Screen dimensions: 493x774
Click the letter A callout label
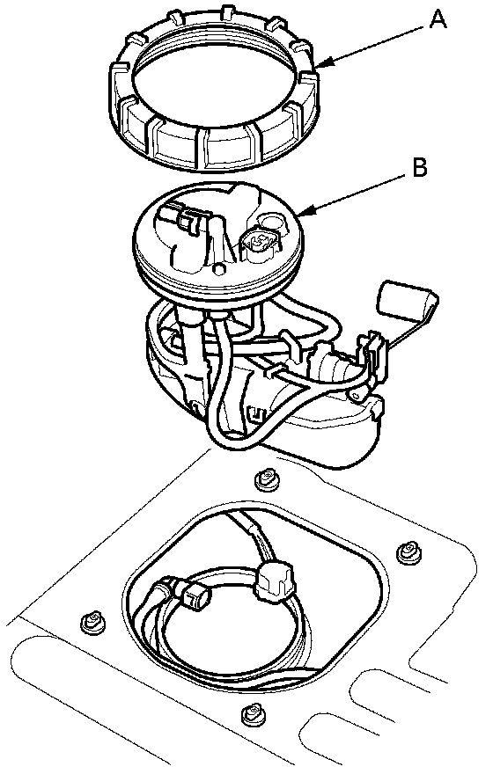pyautogui.click(x=438, y=20)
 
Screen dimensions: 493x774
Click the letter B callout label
pyautogui.click(x=419, y=168)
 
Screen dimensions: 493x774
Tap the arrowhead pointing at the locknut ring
pyautogui.click(x=325, y=63)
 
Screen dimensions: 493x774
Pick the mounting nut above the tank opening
pyautogui.click(x=267, y=480)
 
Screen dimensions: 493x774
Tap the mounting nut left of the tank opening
pyautogui.click(x=92, y=620)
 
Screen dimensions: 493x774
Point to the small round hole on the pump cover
pyautogui.click(x=217, y=269)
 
